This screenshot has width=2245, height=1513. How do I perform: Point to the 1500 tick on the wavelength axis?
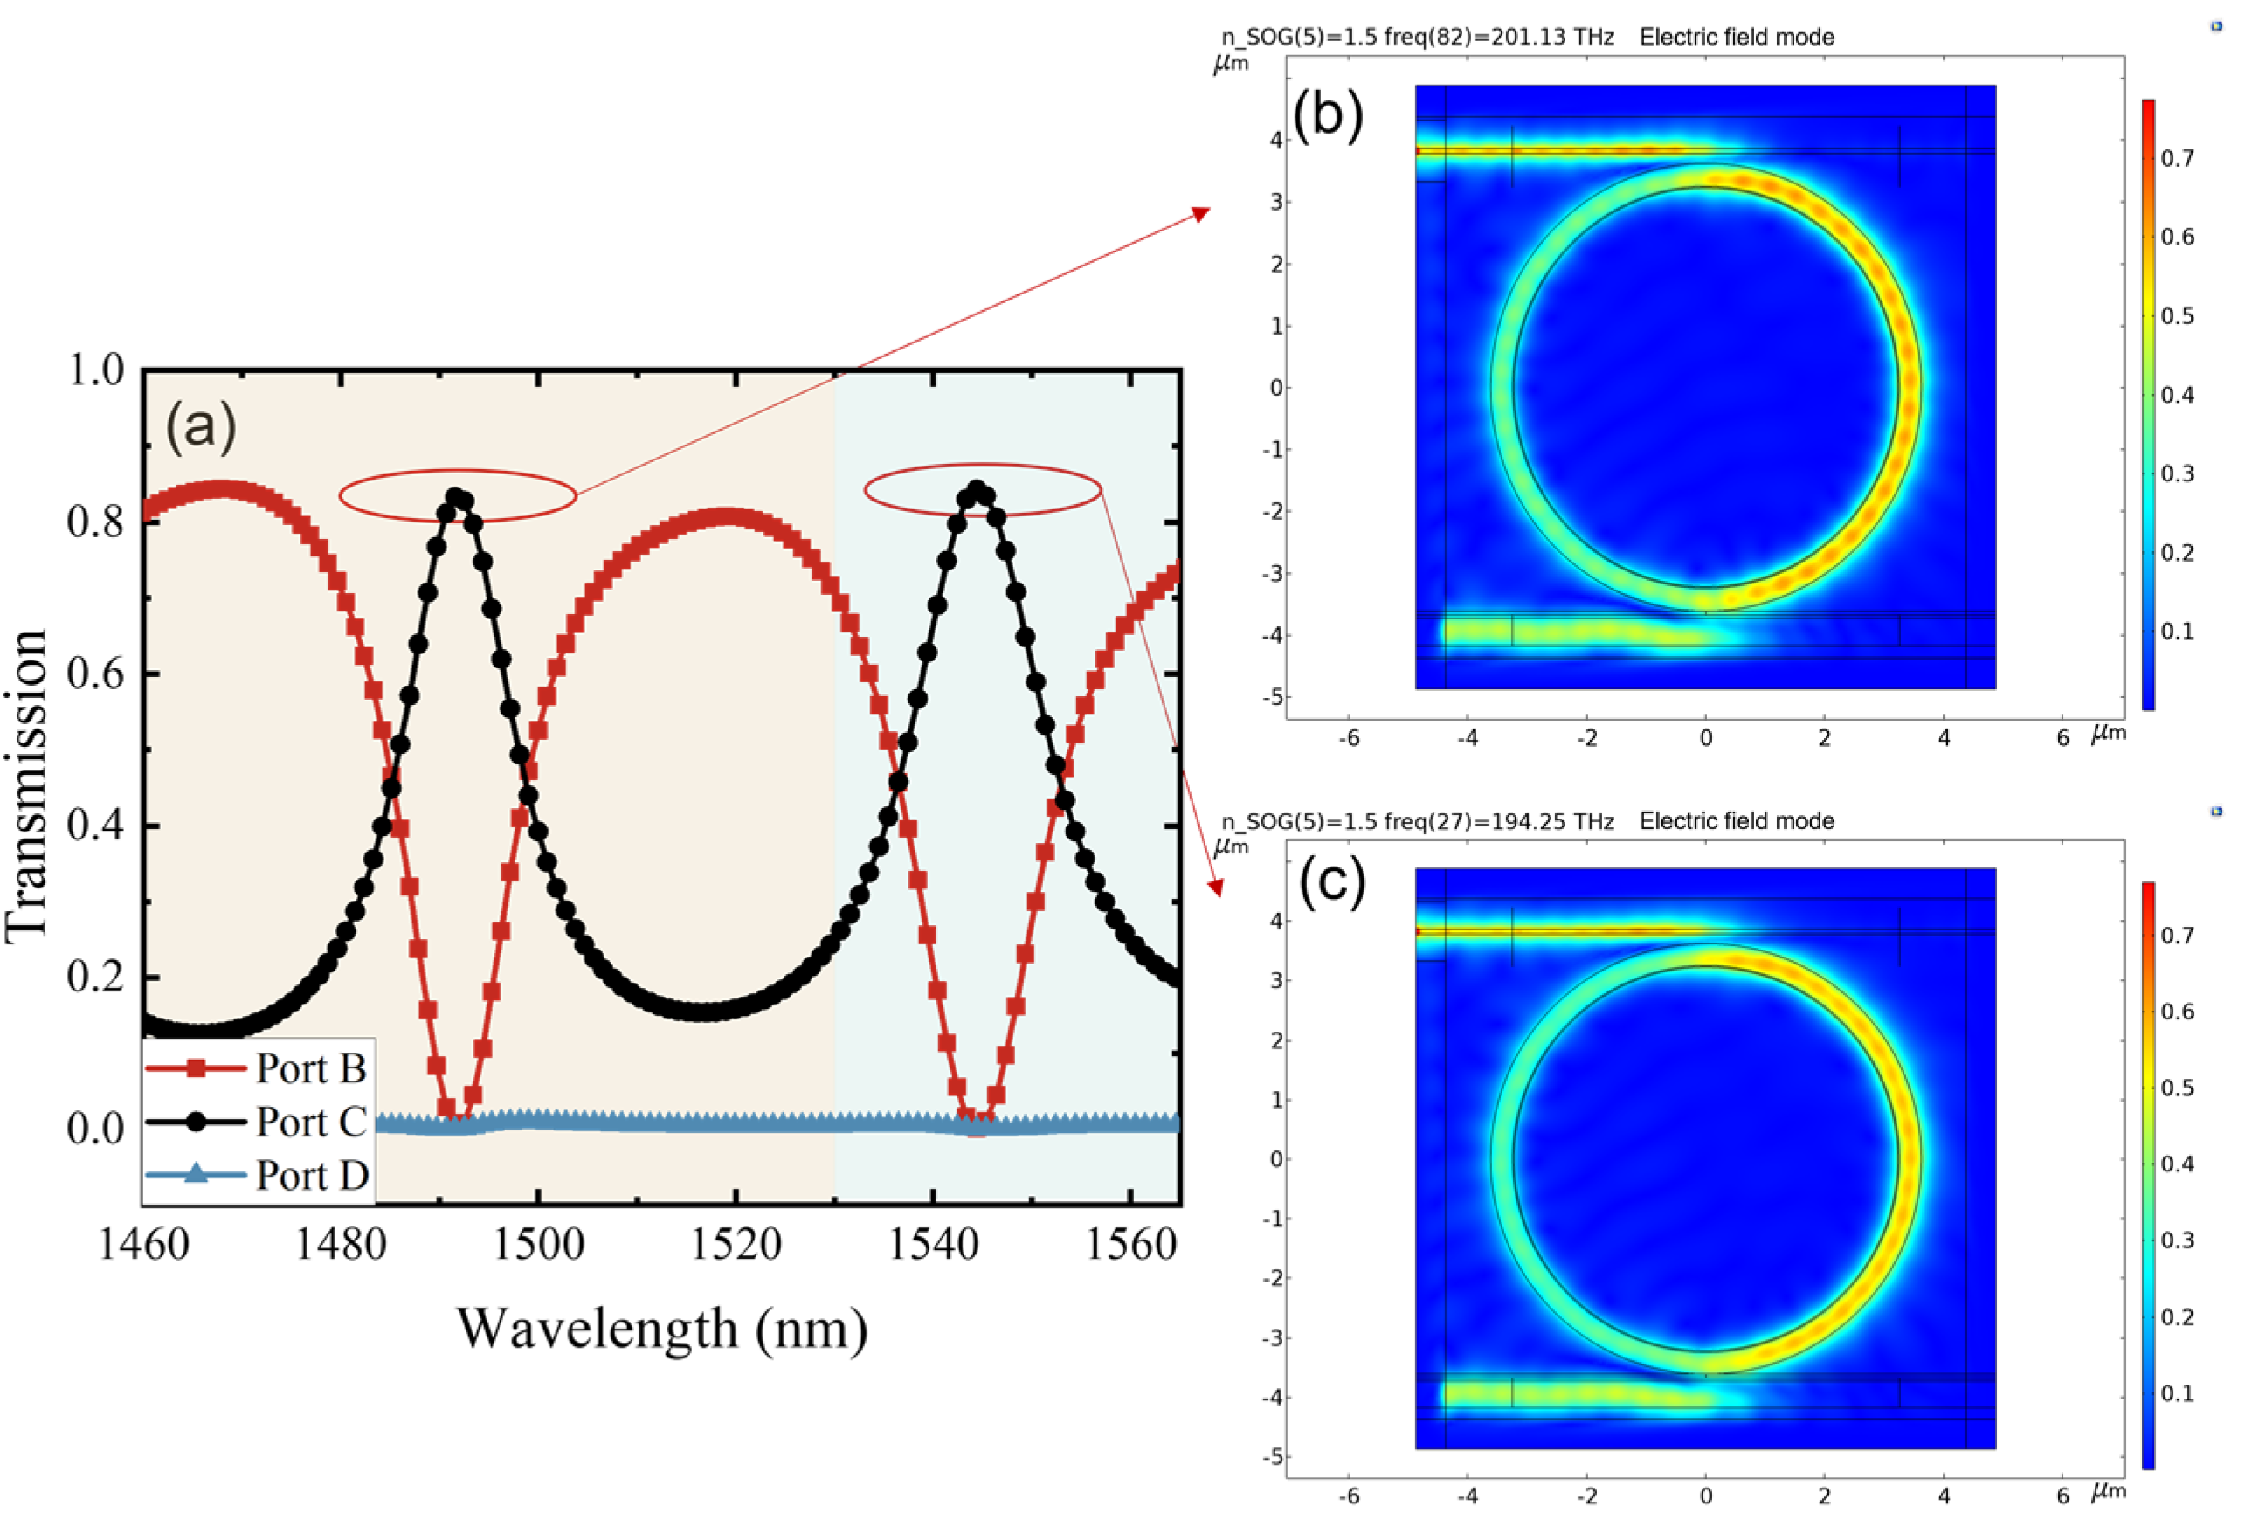[538, 1245]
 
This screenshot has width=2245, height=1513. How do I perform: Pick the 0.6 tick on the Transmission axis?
[96, 674]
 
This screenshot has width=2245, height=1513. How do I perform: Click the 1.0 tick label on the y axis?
[96, 370]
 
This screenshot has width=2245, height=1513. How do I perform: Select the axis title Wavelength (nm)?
[662, 1330]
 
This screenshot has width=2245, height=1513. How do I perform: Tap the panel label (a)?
[201, 425]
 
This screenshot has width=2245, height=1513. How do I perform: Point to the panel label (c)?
[1331, 883]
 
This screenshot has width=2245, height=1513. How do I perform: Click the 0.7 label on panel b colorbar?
[2177, 158]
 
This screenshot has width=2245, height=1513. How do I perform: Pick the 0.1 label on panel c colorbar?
[2177, 1393]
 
